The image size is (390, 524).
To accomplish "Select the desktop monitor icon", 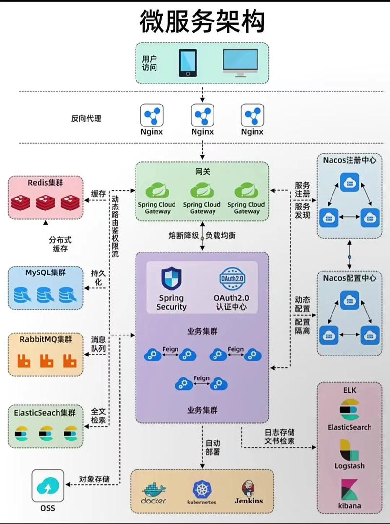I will coord(240,63).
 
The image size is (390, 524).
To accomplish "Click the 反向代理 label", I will coord(86,118).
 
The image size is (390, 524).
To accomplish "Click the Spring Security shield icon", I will coord(171,278).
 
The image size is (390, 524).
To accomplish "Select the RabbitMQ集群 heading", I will coord(45,339).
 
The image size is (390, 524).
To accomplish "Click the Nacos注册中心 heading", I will coord(350,160).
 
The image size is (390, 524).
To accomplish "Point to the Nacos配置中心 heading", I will coord(350,278).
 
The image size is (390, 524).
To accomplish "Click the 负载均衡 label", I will coord(221,235).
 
